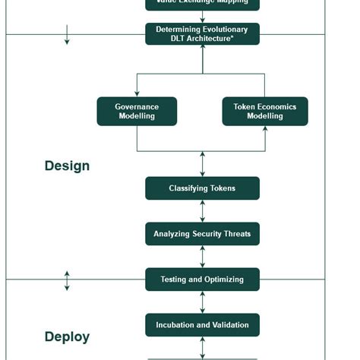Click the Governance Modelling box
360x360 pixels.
[137, 112]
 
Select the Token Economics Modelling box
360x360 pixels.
[265, 112]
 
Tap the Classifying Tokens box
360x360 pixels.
[202, 188]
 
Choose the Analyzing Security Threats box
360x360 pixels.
[202, 234]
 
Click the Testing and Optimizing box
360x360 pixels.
[202, 279]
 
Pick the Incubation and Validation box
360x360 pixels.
[202, 325]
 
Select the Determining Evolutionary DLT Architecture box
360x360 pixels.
[202, 34]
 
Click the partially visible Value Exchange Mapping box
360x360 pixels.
[202, 4]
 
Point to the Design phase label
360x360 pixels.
[67, 166]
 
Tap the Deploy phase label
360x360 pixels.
[67, 336]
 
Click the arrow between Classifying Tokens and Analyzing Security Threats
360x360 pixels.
[202, 211]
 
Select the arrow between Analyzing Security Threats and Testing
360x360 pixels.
[202, 257]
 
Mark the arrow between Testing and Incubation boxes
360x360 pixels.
[202, 302]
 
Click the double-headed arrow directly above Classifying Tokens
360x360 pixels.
[202, 164]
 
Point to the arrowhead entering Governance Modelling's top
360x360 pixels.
[137, 93]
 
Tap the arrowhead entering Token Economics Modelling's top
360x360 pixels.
[265, 93]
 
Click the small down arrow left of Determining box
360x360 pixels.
[67, 35]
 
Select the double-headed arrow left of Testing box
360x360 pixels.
[67, 280]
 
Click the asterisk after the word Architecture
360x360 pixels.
[232, 38]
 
